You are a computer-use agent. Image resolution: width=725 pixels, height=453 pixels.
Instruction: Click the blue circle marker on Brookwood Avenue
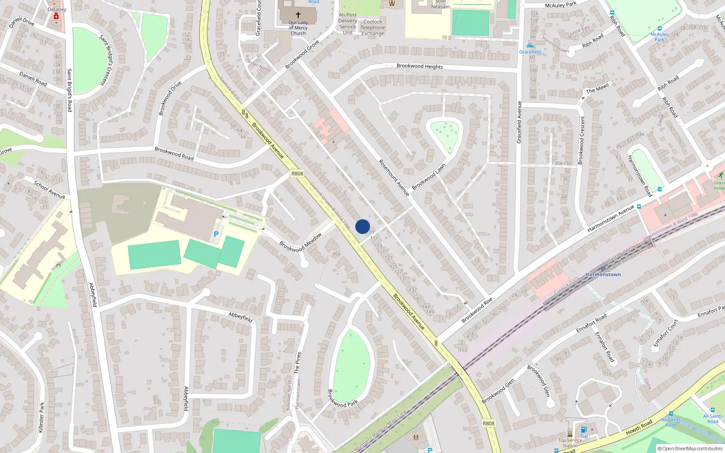pyautogui.click(x=362, y=226)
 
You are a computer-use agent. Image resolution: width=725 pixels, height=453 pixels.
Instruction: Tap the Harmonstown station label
pyautogui.click(x=603, y=275)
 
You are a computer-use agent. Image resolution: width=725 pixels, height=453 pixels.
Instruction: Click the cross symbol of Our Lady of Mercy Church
pyautogui.click(x=298, y=15)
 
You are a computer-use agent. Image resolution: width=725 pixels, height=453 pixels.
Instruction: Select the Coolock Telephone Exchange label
pyautogui.click(x=372, y=28)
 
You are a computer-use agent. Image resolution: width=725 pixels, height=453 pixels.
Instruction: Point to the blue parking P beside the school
pyautogui.click(x=216, y=234)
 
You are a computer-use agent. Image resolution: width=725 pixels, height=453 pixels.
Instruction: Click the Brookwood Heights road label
pyautogui.click(x=420, y=66)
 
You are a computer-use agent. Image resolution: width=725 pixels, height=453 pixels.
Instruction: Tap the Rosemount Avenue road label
pyautogui.click(x=394, y=178)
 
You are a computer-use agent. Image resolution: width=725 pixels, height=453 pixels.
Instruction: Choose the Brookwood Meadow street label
pyautogui.click(x=300, y=242)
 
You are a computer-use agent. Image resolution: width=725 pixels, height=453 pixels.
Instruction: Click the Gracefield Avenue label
pyautogui.click(x=519, y=122)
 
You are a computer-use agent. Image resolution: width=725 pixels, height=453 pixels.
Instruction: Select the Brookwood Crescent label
pyautogui.click(x=582, y=140)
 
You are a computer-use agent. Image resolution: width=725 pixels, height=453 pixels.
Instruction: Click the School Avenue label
pyautogui.click(x=49, y=190)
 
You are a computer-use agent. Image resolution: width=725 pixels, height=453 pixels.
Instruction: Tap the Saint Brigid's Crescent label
pyautogui.click(x=106, y=60)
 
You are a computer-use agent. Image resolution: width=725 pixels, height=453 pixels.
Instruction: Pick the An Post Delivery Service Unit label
pyautogui.click(x=348, y=24)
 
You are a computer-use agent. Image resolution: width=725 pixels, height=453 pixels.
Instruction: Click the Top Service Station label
pyautogui.click(x=570, y=443)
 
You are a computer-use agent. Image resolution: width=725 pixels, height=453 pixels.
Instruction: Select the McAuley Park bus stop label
pyautogui.click(x=659, y=37)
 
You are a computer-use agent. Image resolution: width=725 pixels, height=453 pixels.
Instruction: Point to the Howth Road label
pyautogui.click(x=639, y=427)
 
